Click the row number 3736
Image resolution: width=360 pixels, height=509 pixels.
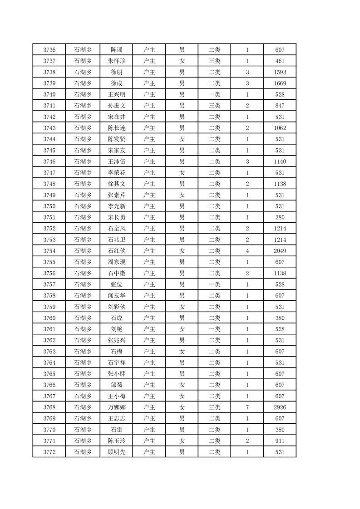pos(49,50)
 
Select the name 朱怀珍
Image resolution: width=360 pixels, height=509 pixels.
pos(116,61)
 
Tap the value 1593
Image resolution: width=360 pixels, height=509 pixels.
pos(280,72)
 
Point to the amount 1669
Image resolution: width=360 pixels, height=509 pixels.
pos(280,83)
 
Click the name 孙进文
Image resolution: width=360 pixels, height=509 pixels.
pos(116,106)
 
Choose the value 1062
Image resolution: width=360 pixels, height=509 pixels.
pos(280,128)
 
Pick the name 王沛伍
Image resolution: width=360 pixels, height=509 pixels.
pos(116,162)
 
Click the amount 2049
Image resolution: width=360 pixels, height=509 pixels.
pos(280,251)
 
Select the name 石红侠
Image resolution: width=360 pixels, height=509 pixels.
pos(116,251)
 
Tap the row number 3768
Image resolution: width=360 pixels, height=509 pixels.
pos(49,407)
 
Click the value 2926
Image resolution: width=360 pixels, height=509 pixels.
pos(280,407)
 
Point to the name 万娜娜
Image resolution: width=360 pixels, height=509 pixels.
pos(116,407)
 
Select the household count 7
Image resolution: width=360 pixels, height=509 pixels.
pos(247,407)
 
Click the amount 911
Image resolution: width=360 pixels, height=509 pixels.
pos(280,441)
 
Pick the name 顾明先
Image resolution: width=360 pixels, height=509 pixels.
pos(116,452)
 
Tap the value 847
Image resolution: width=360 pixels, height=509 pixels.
pos(280,106)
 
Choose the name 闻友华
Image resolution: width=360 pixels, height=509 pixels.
pos(116,296)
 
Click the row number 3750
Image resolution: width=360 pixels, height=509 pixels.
pos(49,206)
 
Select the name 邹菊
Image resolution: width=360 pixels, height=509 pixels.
pos(116,385)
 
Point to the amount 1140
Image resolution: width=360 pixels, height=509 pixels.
pos(280,162)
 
